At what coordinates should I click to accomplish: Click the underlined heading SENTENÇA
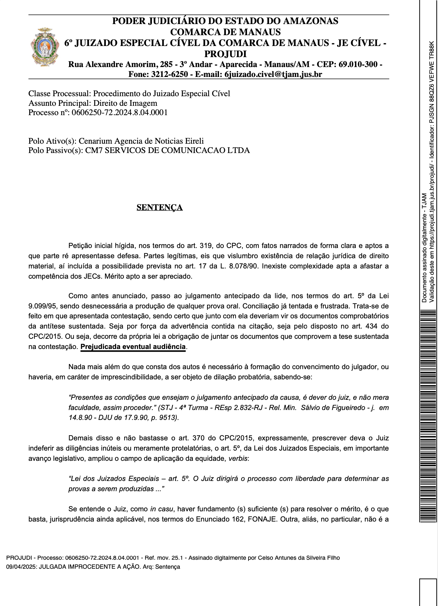coord(159,207)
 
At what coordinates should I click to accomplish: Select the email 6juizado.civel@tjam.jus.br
coord(273,74)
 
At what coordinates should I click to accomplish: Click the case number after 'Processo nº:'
coord(119,113)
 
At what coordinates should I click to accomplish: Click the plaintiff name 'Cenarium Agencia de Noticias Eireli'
coord(141,141)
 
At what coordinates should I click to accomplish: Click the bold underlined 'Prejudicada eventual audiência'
coord(133,347)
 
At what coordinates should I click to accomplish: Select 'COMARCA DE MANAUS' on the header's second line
coord(225,32)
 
